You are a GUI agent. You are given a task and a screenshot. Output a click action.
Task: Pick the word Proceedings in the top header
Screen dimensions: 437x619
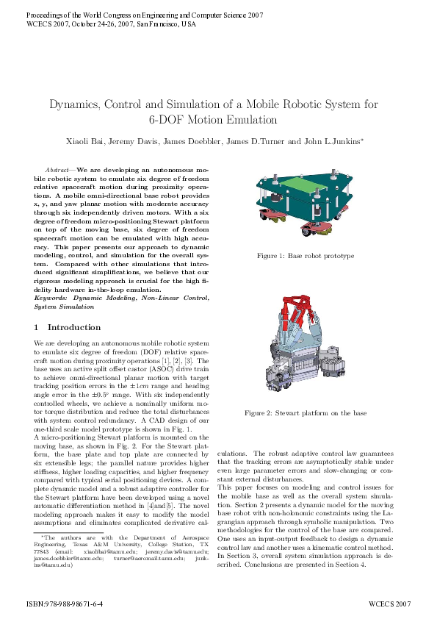(x=45, y=15)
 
